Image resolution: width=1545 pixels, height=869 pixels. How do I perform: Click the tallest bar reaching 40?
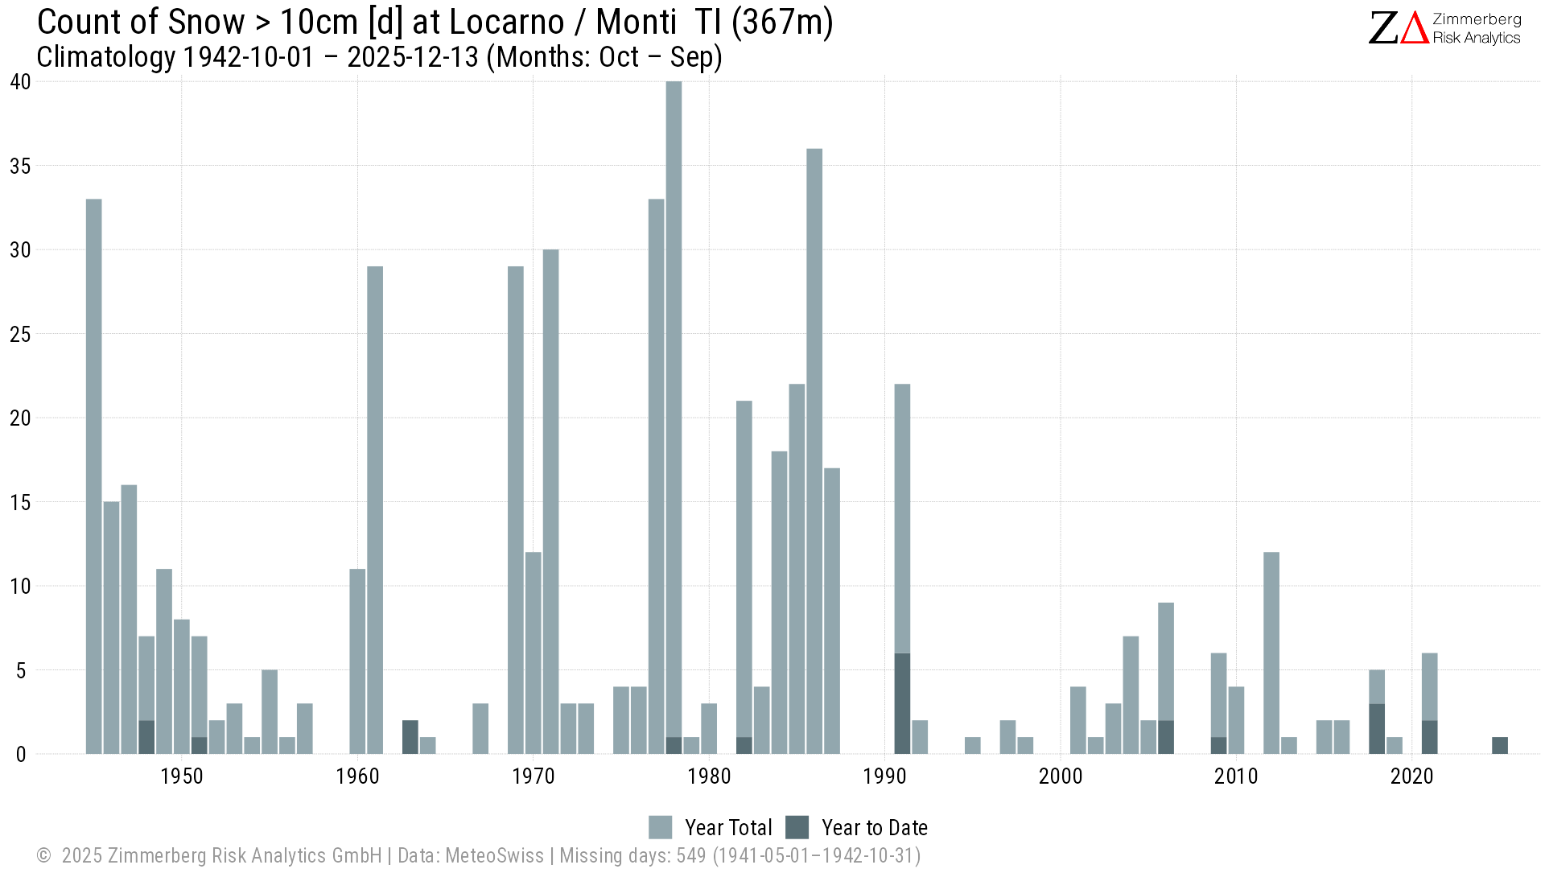pos(674,402)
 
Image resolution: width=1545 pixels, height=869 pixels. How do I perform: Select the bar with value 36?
pos(814,451)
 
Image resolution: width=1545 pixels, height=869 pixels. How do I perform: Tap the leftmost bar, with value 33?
pos(94,475)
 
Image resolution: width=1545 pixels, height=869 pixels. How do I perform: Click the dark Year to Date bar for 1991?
pos(902,703)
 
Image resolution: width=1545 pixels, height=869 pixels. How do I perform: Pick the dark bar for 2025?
pos(1500,746)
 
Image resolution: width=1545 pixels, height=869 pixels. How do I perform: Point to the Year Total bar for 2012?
pos(1271,652)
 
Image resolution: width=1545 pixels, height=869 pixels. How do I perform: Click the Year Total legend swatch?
pos(660,827)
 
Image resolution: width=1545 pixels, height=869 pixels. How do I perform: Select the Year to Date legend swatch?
pos(797,827)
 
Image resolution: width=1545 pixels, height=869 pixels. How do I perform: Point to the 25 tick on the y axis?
pos(20,334)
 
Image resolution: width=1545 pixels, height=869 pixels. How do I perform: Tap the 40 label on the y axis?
pos(20,81)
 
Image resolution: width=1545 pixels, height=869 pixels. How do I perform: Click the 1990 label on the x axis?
pos(884,776)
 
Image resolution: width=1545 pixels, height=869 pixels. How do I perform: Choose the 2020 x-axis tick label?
pos(1412,776)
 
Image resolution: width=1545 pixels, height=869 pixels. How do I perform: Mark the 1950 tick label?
pos(181,776)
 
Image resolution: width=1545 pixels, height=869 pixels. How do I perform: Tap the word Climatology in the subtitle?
pos(105,57)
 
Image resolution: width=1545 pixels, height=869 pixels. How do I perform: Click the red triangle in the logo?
pos(1415,28)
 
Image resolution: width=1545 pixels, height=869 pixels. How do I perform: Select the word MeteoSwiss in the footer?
pos(494,855)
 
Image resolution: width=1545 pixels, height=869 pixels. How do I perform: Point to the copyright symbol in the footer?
pos(43,855)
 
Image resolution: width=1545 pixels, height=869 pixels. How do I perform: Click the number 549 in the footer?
pos(690,855)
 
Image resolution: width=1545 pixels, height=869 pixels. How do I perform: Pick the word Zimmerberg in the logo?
pos(1477,19)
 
